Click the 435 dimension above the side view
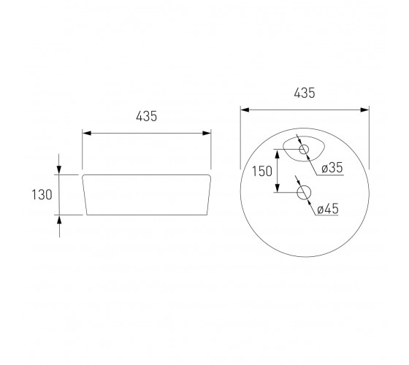147,116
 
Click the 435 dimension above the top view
305,93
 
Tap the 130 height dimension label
42,195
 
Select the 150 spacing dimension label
262,172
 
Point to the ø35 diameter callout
332,167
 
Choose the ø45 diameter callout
328,209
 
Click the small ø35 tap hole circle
304,150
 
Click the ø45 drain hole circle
304,193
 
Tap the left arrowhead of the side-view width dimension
87,133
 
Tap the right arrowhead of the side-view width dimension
207,133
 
